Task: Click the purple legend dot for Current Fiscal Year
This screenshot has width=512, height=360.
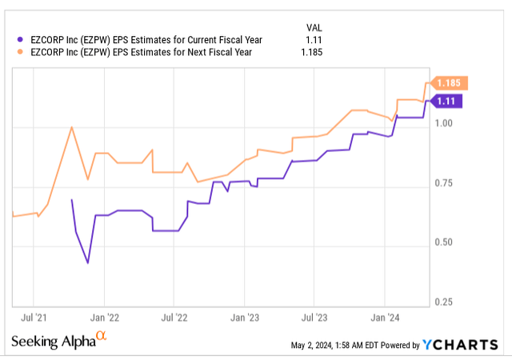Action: pos(20,38)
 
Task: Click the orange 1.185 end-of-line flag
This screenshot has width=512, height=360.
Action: pos(449,83)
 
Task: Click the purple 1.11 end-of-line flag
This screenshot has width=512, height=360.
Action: pos(446,101)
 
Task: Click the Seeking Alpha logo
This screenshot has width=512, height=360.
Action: pos(58,341)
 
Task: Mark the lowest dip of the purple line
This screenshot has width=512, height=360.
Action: pos(88,262)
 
